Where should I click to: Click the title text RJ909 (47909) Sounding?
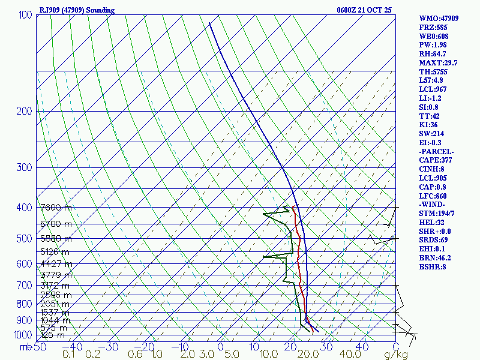coord(76,10)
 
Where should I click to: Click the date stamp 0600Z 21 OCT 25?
coord(365,10)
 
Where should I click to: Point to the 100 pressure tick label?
coord(25,14)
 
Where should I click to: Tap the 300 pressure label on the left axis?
coord(23,167)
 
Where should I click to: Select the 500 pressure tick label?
coord(23,239)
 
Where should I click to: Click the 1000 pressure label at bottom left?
coord(23,334)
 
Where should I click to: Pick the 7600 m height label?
coord(55,208)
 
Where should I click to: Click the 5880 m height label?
coord(55,238)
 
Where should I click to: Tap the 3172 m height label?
coord(55,286)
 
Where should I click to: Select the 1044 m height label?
coord(55,320)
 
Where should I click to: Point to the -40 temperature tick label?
coord(73,347)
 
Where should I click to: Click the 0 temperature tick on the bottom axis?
coord(220,347)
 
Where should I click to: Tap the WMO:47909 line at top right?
coord(439,19)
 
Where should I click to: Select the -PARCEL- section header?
coord(436,151)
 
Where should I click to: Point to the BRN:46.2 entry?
coord(435,257)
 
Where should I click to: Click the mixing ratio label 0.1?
coord(69,355)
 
